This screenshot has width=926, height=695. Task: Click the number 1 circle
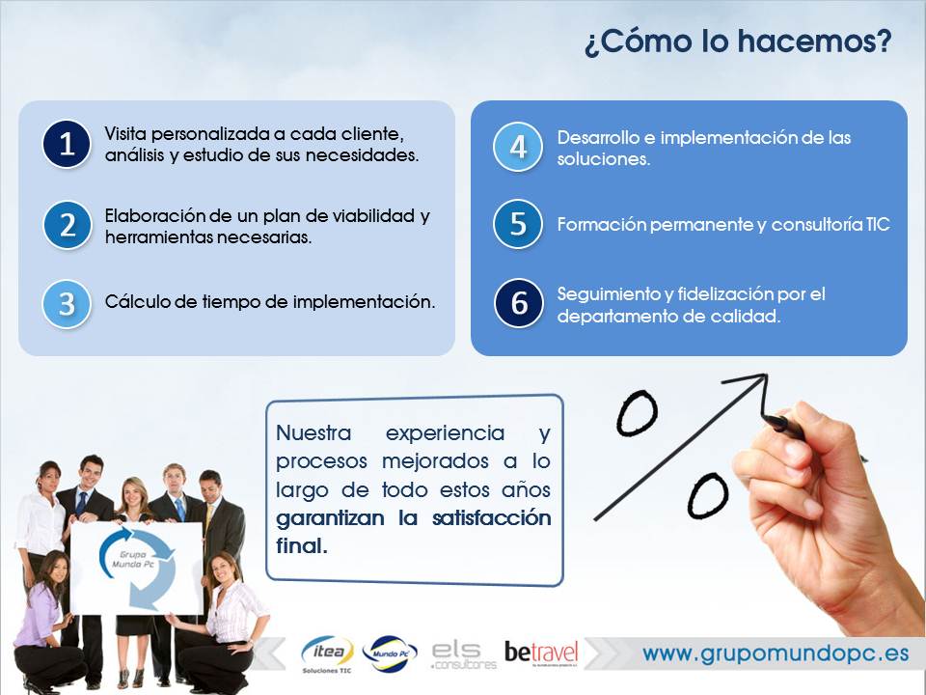click(67, 144)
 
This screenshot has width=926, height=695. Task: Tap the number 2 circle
click(68, 225)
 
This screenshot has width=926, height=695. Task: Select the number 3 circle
click(67, 304)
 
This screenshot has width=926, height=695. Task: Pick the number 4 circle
click(518, 147)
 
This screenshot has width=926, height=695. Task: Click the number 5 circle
click(518, 224)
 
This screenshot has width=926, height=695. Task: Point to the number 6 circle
click(519, 303)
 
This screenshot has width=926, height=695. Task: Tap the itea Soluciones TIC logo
click(327, 654)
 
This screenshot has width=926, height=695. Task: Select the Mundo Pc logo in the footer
click(390, 653)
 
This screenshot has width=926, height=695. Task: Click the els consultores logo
click(464, 655)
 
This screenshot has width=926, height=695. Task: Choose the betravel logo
click(541, 653)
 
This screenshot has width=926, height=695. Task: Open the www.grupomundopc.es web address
click(776, 653)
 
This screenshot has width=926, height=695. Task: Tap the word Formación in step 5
click(601, 225)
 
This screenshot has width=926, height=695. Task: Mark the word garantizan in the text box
click(330, 519)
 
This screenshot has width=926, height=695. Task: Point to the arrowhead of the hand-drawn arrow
click(766, 375)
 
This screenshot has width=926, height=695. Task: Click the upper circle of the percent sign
click(637, 413)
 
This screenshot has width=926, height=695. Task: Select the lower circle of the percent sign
click(707, 494)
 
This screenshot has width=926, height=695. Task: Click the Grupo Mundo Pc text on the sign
click(133, 559)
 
